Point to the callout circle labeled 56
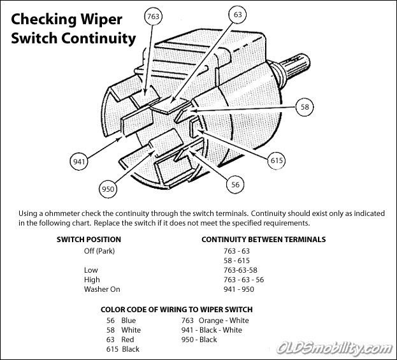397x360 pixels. [235, 184]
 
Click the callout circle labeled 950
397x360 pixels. [108, 188]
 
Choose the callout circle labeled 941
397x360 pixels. [79, 162]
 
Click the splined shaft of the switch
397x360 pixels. [297, 67]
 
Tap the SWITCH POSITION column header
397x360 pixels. [89, 240]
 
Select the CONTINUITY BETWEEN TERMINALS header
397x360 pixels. [263, 240]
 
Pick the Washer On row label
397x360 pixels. [102, 289]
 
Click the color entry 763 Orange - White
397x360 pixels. [215, 320]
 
